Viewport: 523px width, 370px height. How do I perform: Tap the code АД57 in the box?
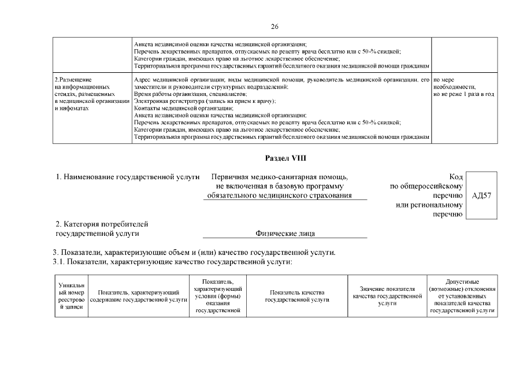(481, 196)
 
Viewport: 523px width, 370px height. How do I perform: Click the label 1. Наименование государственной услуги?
(127, 176)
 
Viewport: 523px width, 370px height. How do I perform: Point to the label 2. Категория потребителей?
(102, 224)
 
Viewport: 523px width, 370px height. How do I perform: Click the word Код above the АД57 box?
(455, 176)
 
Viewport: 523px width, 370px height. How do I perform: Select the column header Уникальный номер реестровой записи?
(71, 296)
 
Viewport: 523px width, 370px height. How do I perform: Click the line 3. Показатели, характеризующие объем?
(194, 253)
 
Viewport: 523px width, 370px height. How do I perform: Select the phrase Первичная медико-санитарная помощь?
(280, 176)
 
